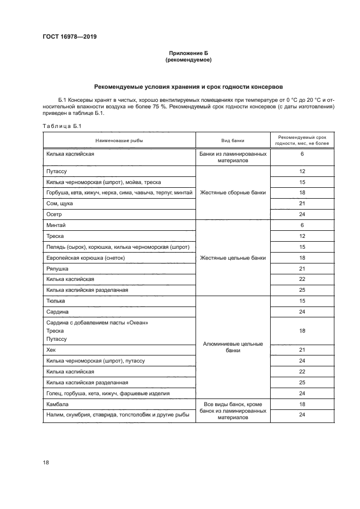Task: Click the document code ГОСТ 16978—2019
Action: pyautogui.click(x=66, y=37)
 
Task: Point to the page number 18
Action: pyautogui.click(x=46, y=462)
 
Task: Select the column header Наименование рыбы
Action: pyautogui.click(x=119, y=140)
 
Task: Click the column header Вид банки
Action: pyautogui.click(x=233, y=140)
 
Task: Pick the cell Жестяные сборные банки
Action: pyautogui.click(x=233, y=192)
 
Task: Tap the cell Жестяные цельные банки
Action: pyautogui.click(x=233, y=257)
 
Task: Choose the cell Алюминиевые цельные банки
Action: pyautogui.click(x=233, y=347)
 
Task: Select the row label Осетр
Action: pyautogui.click(x=54, y=214)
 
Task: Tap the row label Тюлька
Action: pyautogui.click(x=56, y=301)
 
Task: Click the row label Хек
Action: pyautogui.click(x=52, y=349)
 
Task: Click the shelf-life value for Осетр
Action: pyautogui.click(x=302, y=214)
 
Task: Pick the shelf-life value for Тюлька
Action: pyautogui.click(x=302, y=301)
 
